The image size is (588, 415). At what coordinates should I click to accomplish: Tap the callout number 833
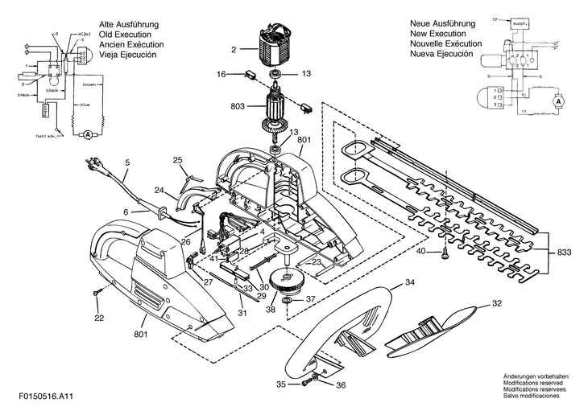tap(566, 253)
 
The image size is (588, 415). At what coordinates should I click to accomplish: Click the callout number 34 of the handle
tap(409, 282)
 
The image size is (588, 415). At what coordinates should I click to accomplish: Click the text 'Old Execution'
tap(122, 35)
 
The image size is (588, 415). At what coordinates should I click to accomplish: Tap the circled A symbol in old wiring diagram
tap(86, 136)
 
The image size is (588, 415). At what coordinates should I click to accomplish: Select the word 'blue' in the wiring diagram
tap(85, 105)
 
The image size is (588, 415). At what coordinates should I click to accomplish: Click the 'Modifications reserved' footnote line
tap(534, 384)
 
